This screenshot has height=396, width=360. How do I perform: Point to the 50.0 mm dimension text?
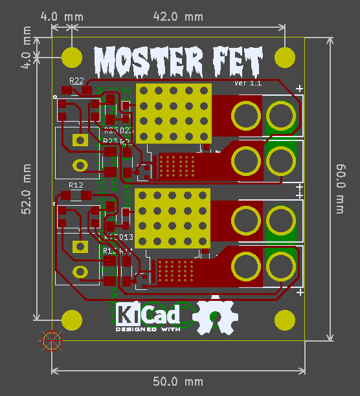(177, 381)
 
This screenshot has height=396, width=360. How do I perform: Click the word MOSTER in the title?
(143, 61)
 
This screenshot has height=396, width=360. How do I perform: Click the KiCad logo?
(148, 314)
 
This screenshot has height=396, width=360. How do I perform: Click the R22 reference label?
(76, 81)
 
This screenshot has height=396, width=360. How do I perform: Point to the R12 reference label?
(76, 186)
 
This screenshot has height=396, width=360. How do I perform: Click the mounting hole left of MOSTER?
(72, 57)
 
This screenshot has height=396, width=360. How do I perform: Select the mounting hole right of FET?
(284, 57)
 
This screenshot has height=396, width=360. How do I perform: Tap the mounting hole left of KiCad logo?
(72, 320)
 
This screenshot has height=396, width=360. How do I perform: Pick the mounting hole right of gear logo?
(284, 320)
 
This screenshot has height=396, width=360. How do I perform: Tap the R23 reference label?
(110, 140)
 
